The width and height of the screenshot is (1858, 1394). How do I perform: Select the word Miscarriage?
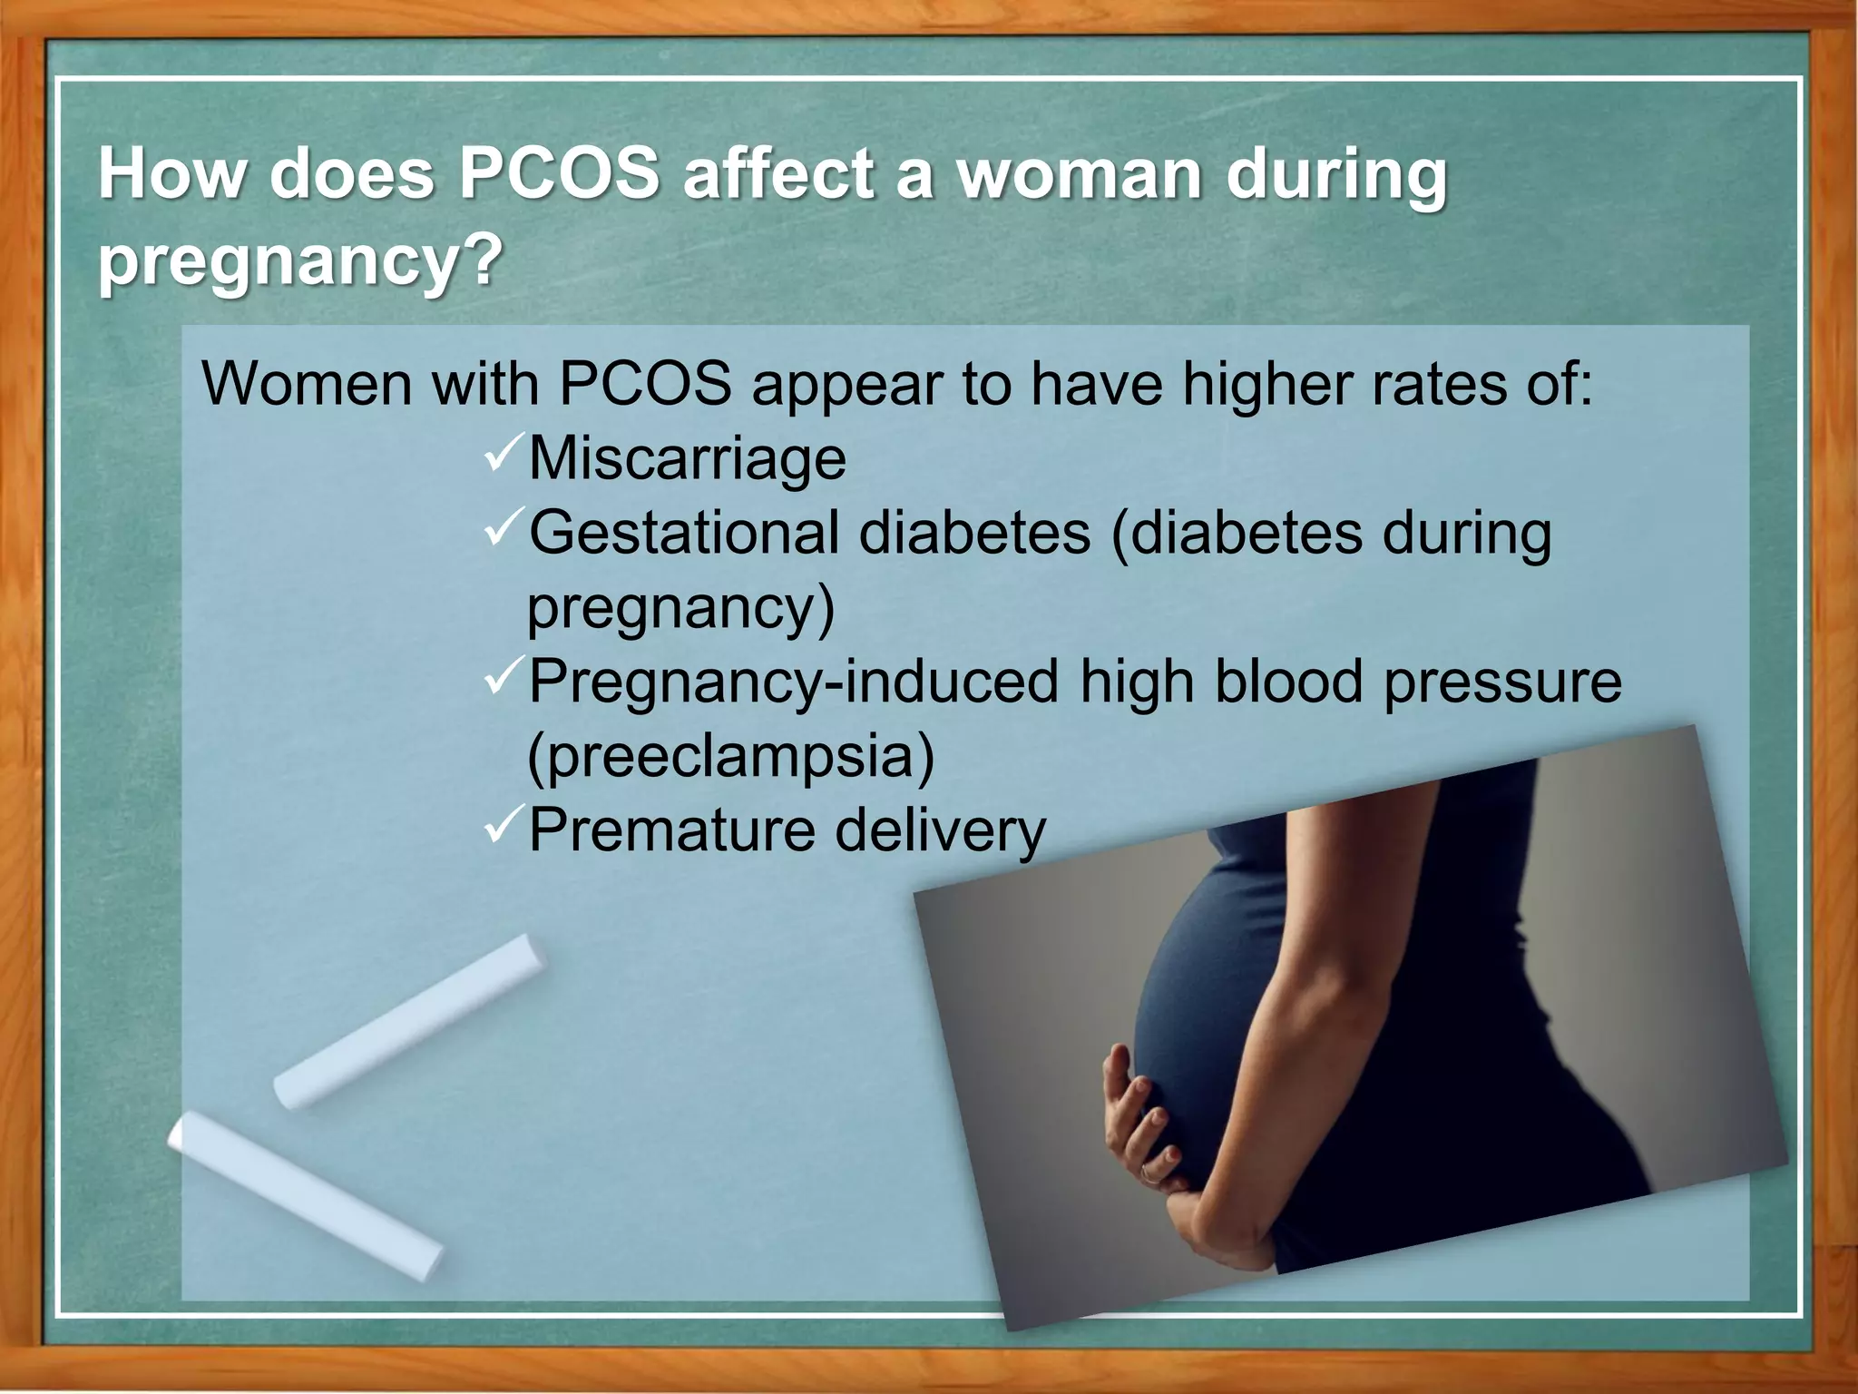687,458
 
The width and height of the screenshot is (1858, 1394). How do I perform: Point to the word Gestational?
684,533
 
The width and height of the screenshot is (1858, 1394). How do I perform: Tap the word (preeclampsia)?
730,756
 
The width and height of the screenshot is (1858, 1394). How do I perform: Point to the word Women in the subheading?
307,384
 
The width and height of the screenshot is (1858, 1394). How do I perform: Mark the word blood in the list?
1288,682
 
